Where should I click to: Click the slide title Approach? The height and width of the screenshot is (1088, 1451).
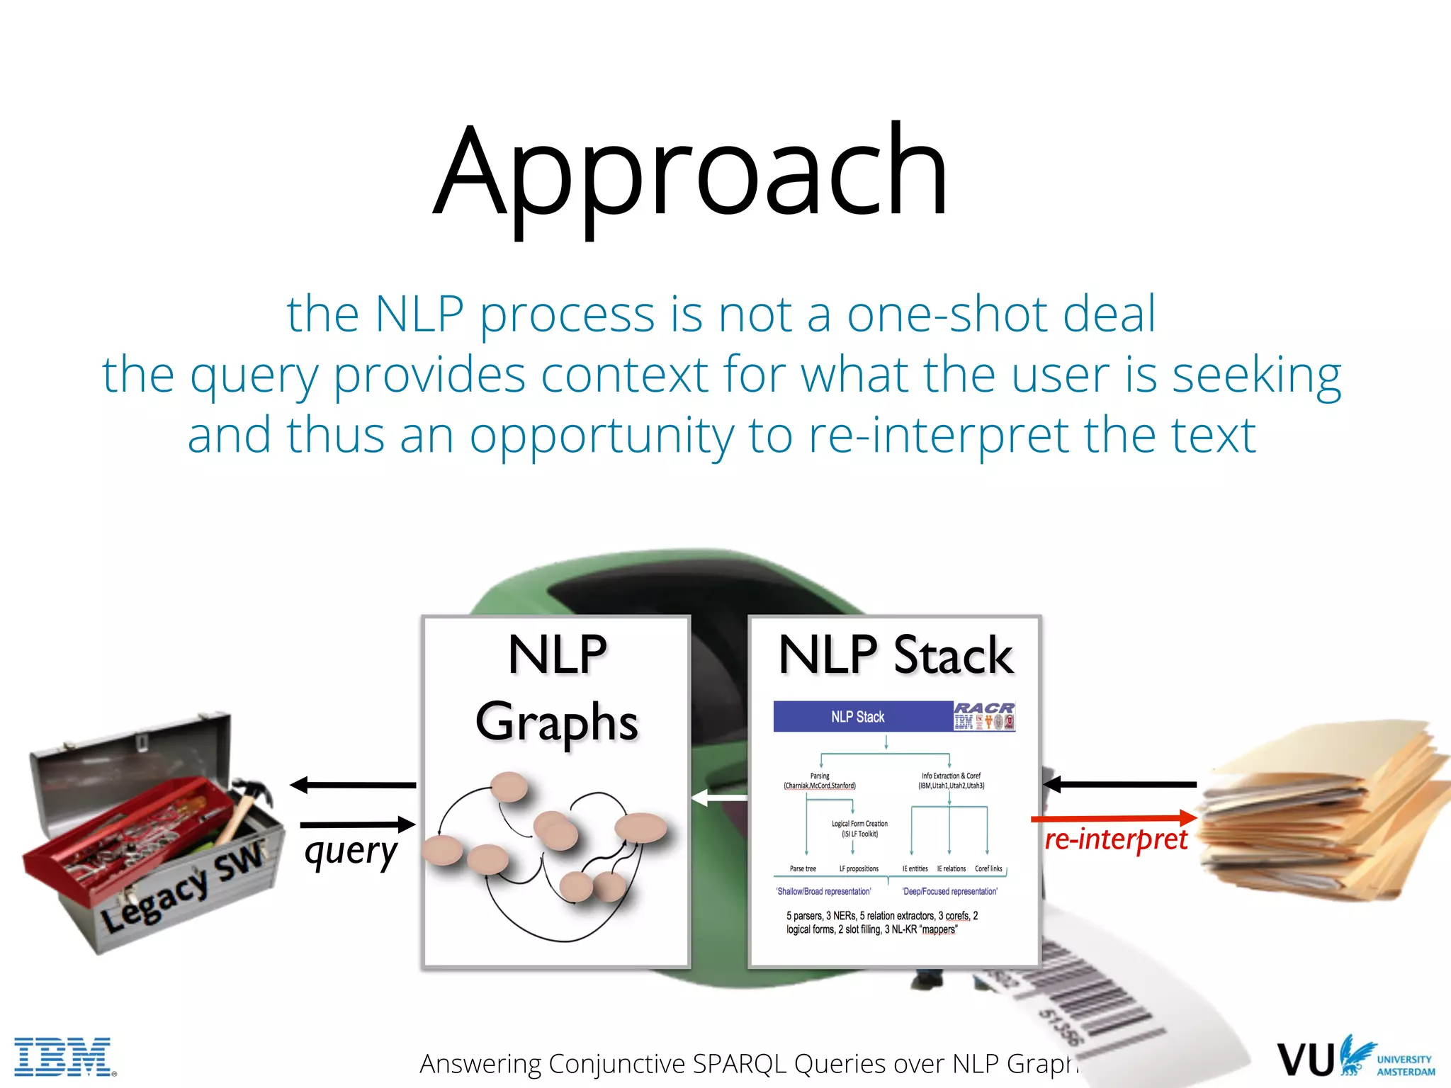[691, 174]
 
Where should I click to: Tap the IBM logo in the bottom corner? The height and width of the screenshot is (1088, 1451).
[64, 1057]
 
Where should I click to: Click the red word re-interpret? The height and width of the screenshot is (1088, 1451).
[1116, 840]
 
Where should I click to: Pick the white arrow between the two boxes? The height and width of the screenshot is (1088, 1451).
[719, 798]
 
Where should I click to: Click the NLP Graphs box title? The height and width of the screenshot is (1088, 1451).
[557, 687]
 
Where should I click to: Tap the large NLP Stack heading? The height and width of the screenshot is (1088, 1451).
[896, 655]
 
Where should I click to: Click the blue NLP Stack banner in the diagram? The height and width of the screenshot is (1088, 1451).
[858, 717]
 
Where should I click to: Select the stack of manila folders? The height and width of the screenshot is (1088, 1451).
[1318, 822]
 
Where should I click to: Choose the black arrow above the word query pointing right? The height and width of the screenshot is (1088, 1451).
[357, 824]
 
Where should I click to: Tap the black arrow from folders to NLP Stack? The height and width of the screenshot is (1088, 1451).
[1119, 784]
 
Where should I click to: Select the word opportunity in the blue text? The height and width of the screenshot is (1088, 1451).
[602, 436]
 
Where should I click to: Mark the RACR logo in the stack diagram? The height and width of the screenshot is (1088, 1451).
[983, 708]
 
